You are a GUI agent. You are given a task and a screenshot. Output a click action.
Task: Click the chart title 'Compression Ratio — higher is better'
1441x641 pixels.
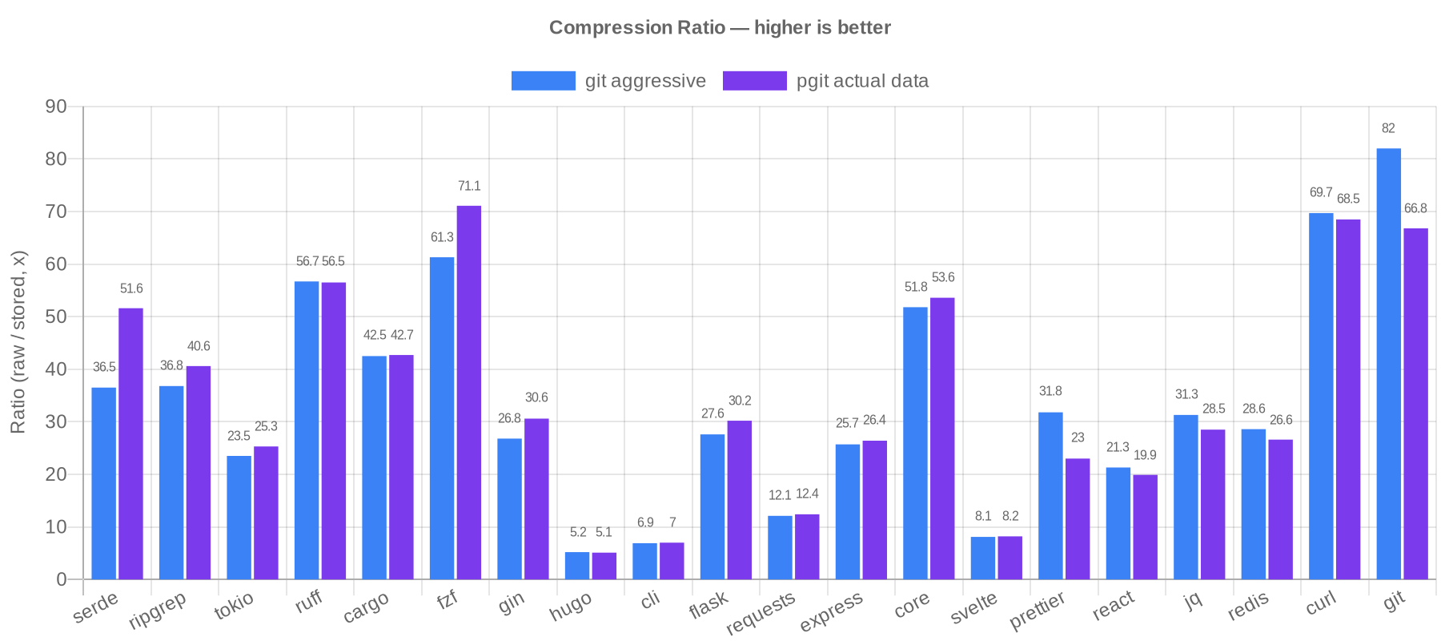[720, 28]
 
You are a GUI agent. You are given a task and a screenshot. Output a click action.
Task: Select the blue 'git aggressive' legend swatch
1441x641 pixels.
[543, 81]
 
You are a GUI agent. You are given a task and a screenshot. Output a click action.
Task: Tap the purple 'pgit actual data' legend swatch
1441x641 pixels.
[754, 81]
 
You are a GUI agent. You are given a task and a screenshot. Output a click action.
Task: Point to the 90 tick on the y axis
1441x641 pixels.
[56, 107]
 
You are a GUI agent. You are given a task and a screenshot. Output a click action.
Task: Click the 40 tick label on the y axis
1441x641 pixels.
[56, 369]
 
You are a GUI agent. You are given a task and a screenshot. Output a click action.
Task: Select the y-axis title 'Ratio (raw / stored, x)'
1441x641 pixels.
[18, 342]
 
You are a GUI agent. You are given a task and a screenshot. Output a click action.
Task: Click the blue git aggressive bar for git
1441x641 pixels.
[1388, 363]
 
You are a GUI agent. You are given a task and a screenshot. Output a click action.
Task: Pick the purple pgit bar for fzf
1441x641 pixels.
[469, 392]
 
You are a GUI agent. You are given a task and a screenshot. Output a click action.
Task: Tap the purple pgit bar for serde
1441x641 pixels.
[131, 443]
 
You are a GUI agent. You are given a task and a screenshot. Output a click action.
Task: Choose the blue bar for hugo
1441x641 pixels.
[577, 565]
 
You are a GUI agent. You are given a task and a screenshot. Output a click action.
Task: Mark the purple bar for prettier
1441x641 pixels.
[1078, 518]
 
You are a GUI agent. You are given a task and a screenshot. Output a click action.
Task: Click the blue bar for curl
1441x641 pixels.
[1321, 395]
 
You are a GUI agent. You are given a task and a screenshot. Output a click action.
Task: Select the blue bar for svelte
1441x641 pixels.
[983, 558]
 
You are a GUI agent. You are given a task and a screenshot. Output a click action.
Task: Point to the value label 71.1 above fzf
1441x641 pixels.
[469, 187]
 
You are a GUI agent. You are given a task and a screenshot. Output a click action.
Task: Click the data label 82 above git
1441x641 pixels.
[1388, 129]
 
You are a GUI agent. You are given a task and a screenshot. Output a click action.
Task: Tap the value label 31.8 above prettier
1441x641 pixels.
[1050, 392]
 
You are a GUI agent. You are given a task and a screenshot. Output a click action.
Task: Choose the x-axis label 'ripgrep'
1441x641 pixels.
[158, 611]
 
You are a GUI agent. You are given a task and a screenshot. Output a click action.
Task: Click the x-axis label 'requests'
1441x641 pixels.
[761, 613]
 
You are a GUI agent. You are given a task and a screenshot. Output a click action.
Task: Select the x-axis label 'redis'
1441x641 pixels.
[1248, 607]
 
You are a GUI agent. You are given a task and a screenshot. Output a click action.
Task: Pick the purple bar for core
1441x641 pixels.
[942, 438]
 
